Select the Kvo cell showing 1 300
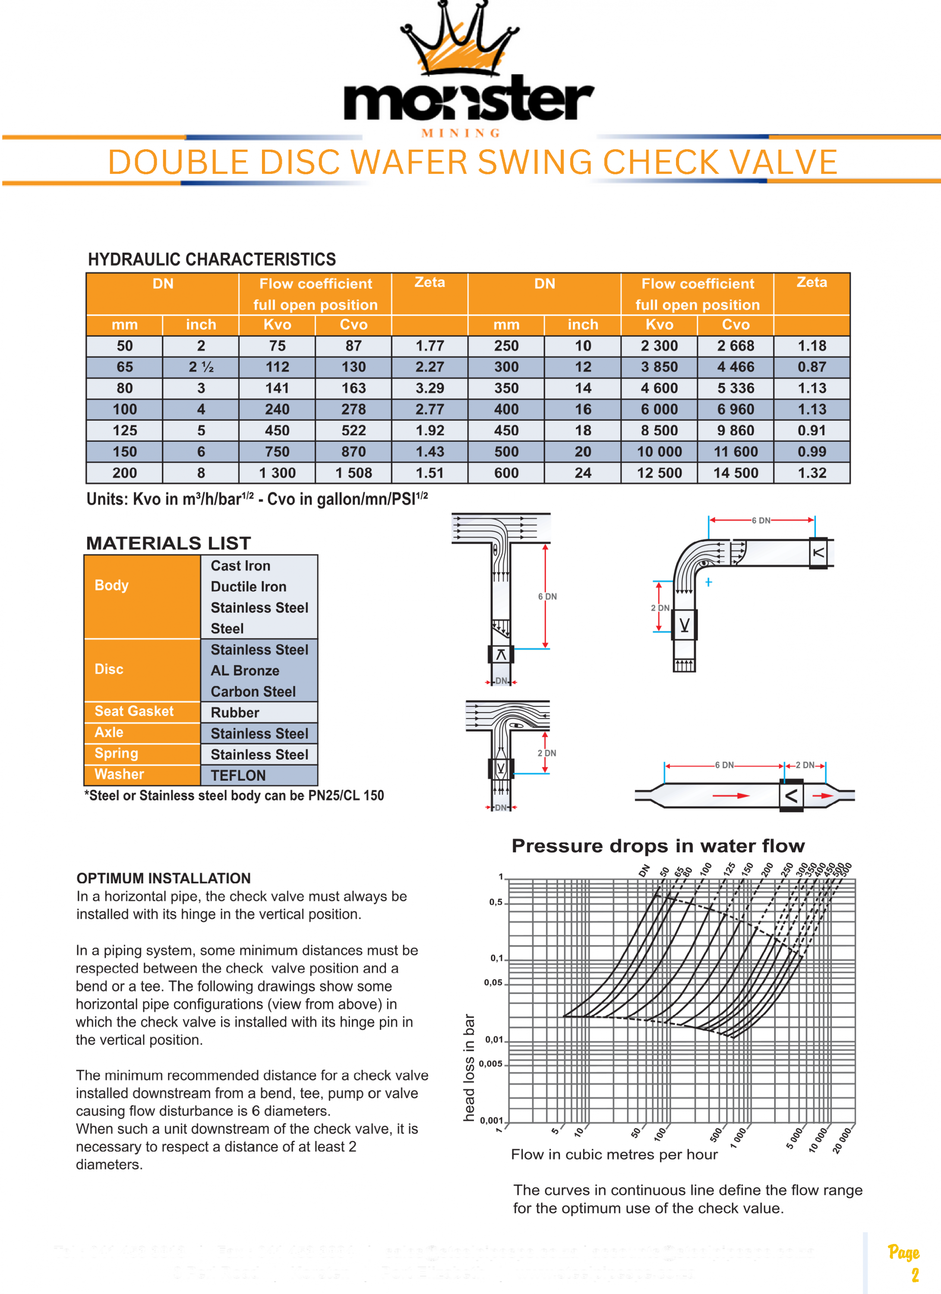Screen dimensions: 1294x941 [x=277, y=473]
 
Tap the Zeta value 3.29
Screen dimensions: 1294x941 [x=429, y=388]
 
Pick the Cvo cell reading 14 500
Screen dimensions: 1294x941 [x=736, y=473]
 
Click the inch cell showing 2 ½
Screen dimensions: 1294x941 [x=201, y=367]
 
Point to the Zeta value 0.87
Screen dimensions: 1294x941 [x=812, y=367]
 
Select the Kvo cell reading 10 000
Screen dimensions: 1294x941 [x=659, y=452]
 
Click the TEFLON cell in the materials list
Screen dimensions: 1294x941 [x=238, y=776]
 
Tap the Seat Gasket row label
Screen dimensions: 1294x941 [x=134, y=711]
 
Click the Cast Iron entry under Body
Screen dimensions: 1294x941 [x=240, y=566]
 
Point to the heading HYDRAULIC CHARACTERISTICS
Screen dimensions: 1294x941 [x=212, y=260]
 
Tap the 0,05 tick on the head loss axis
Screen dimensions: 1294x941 [x=493, y=983]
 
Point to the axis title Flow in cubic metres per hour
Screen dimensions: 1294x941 [x=614, y=1155]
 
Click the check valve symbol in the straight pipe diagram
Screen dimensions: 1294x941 [x=791, y=795]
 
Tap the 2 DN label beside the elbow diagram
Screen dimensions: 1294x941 [x=660, y=608]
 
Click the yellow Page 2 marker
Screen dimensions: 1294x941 [x=904, y=1263]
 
